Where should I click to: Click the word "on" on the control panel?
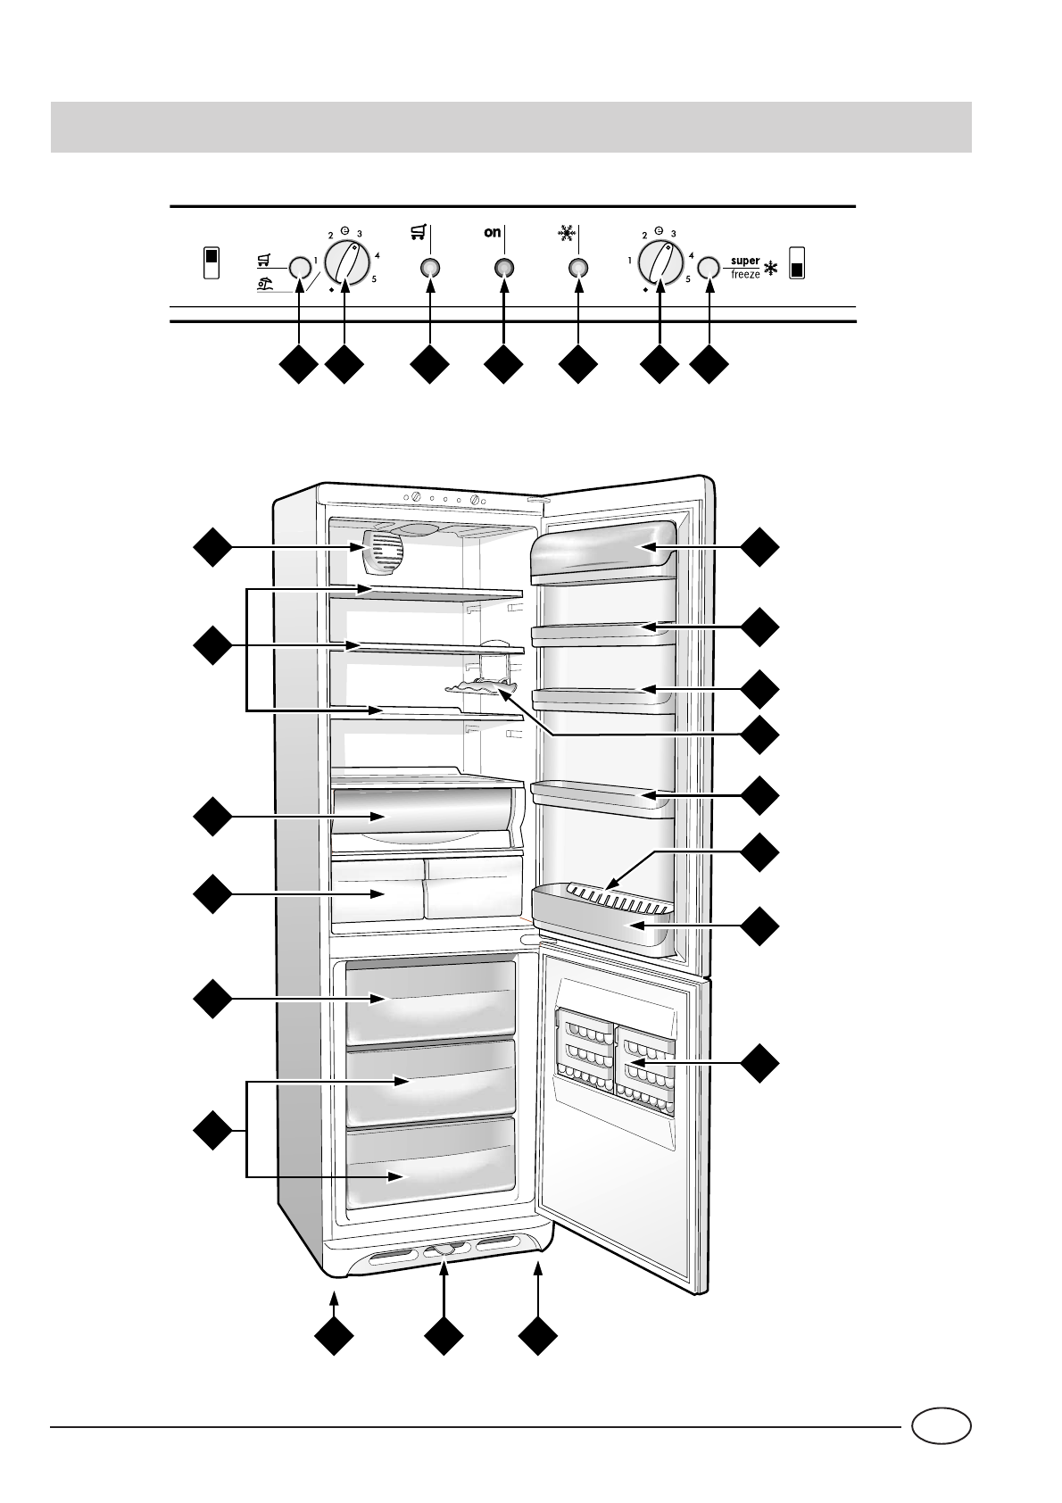point(493,233)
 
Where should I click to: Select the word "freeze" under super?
point(745,275)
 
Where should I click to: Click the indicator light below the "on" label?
point(503,268)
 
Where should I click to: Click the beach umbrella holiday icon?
point(264,286)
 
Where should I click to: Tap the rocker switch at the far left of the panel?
point(212,262)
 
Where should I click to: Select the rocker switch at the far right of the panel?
point(797,263)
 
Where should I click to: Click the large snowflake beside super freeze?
point(771,268)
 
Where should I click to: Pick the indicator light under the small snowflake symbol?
point(577,268)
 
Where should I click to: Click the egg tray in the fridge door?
point(616,893)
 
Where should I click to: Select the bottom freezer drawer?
point(430,1165)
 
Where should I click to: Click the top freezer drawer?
point(430,1000)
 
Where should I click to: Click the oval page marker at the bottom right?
point(942,1425)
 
